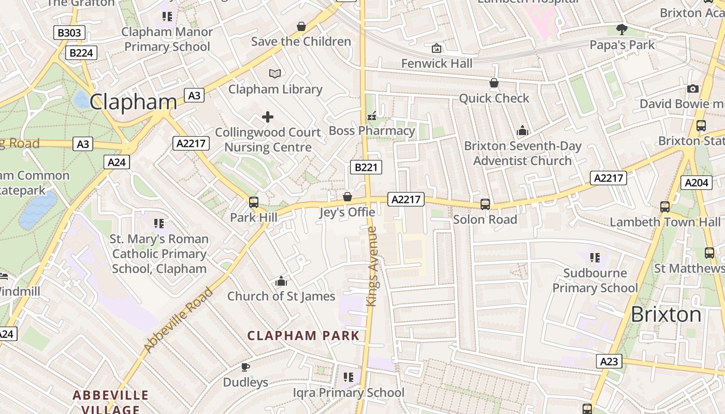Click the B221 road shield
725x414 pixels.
pos(366,167)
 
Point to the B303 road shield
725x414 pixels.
pos(69,33)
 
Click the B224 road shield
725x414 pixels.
pos(81,52)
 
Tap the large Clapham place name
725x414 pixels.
pos(133,102)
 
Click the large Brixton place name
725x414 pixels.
pos(666,314)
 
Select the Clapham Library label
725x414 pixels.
pos(275,89)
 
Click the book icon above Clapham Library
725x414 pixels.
pos(275,73)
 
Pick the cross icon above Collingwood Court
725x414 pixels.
pos(268,117)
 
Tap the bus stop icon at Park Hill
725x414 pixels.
pos(254,202)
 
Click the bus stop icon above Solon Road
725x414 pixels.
pos(485,204)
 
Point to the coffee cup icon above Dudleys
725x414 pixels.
pos(245,367)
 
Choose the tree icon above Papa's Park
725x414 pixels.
pos(622,29)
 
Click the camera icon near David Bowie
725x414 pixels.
pos(693,89)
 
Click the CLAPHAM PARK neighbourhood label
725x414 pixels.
pos(303,335)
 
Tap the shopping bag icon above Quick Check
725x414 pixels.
pos(494,83)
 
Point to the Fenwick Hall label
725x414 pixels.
pos(437,63)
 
